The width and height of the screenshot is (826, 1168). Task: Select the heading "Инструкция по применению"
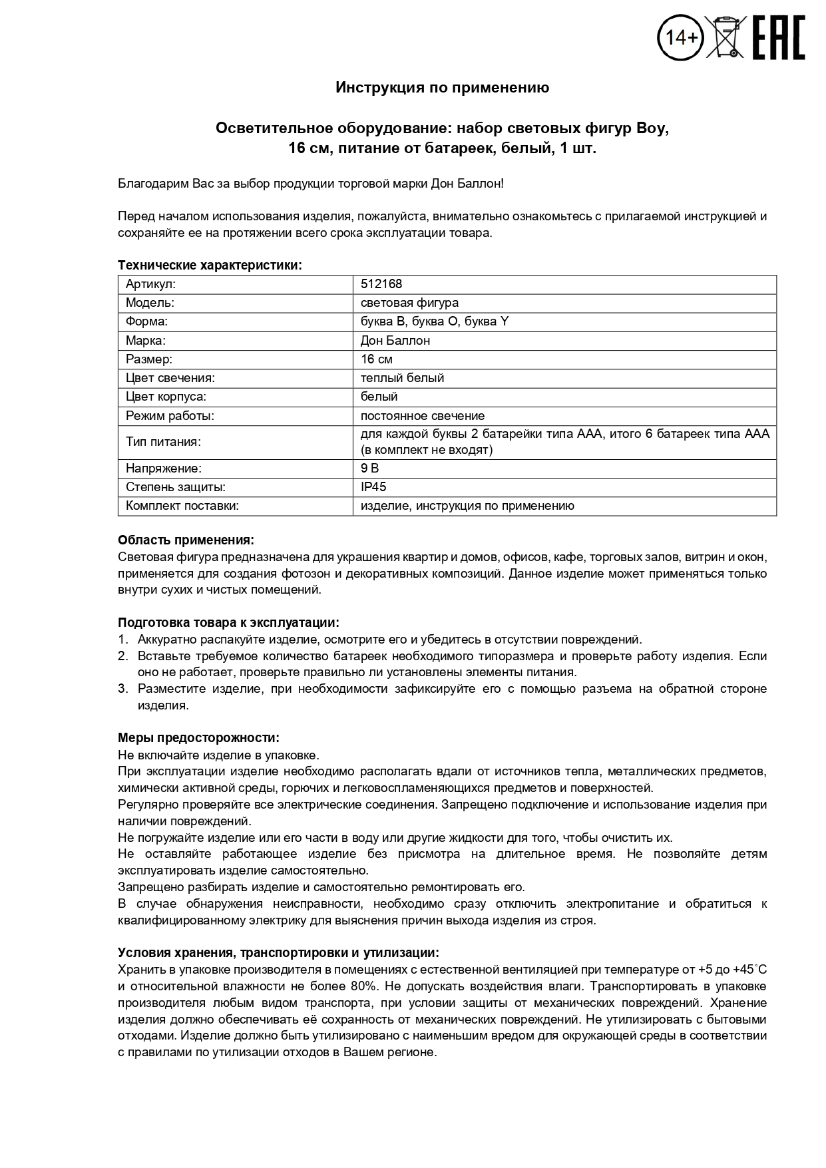click(442, 88)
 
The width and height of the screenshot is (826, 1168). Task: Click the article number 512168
click(381, 284)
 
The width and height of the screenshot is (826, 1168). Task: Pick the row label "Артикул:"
click(150, 284)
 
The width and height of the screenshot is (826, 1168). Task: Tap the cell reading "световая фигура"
click(409, 303)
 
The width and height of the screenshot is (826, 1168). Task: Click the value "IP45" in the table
click(373, 487)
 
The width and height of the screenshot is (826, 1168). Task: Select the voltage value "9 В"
click(369, 468)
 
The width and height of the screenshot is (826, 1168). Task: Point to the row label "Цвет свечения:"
click(170, 378)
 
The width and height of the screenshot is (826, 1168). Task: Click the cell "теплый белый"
click(402, 378)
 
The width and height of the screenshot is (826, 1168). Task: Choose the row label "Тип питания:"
click(163, 442)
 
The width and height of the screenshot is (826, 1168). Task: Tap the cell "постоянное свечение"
click(422, 416)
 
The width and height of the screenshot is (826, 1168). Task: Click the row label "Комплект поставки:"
click(182, 506)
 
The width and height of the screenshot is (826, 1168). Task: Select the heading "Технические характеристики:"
click(210, 266)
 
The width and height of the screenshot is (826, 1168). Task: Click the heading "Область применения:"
click(186, 540)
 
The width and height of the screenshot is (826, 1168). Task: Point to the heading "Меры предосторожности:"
click(198, 738)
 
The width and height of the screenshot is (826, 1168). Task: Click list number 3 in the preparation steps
click(122, 689)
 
